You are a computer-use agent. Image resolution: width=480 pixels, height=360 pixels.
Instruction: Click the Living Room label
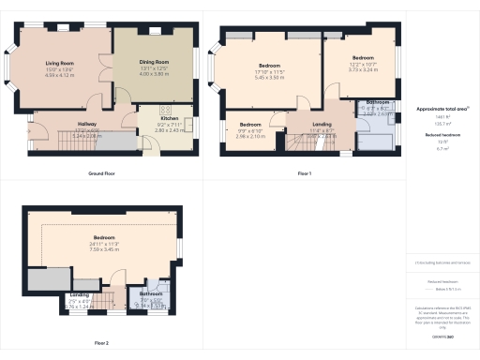click(x=60, y=65)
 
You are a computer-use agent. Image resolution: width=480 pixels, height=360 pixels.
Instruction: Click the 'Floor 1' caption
click(x=304, y=174)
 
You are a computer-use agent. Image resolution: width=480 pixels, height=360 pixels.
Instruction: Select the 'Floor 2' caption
click(x=101, y=343)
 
